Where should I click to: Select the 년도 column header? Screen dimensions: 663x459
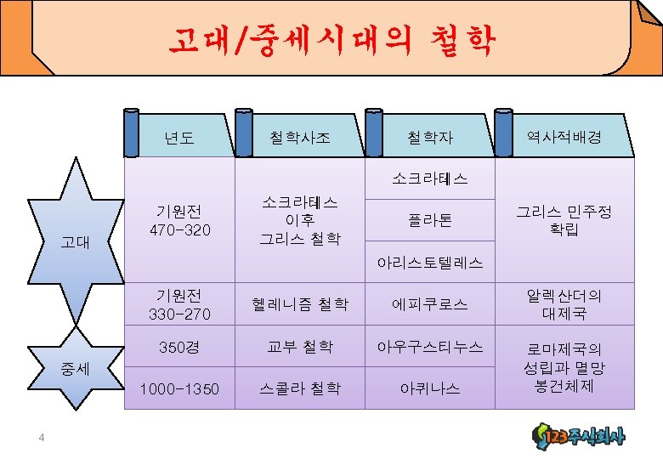[179, 137]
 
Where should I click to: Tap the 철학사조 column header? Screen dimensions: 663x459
[299, 137]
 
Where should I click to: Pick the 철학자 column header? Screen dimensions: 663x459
[429, 137]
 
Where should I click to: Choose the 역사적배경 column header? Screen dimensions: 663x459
[564, 136]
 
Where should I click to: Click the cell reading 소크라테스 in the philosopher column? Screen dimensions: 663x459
[430, 178]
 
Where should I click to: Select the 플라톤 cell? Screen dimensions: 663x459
[430, 220]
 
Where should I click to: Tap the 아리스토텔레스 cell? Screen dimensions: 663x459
[430, 263]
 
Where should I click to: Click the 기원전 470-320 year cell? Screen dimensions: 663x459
[179, 220]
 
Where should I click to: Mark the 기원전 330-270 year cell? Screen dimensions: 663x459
[179, 304]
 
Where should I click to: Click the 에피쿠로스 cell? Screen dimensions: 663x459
[430, 303]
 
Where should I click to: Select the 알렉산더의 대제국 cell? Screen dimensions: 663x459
[564, 304]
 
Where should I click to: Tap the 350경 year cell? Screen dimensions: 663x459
[179, 347]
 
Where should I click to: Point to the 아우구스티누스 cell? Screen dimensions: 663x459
[430, 347]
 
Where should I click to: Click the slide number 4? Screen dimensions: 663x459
[40, 438]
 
